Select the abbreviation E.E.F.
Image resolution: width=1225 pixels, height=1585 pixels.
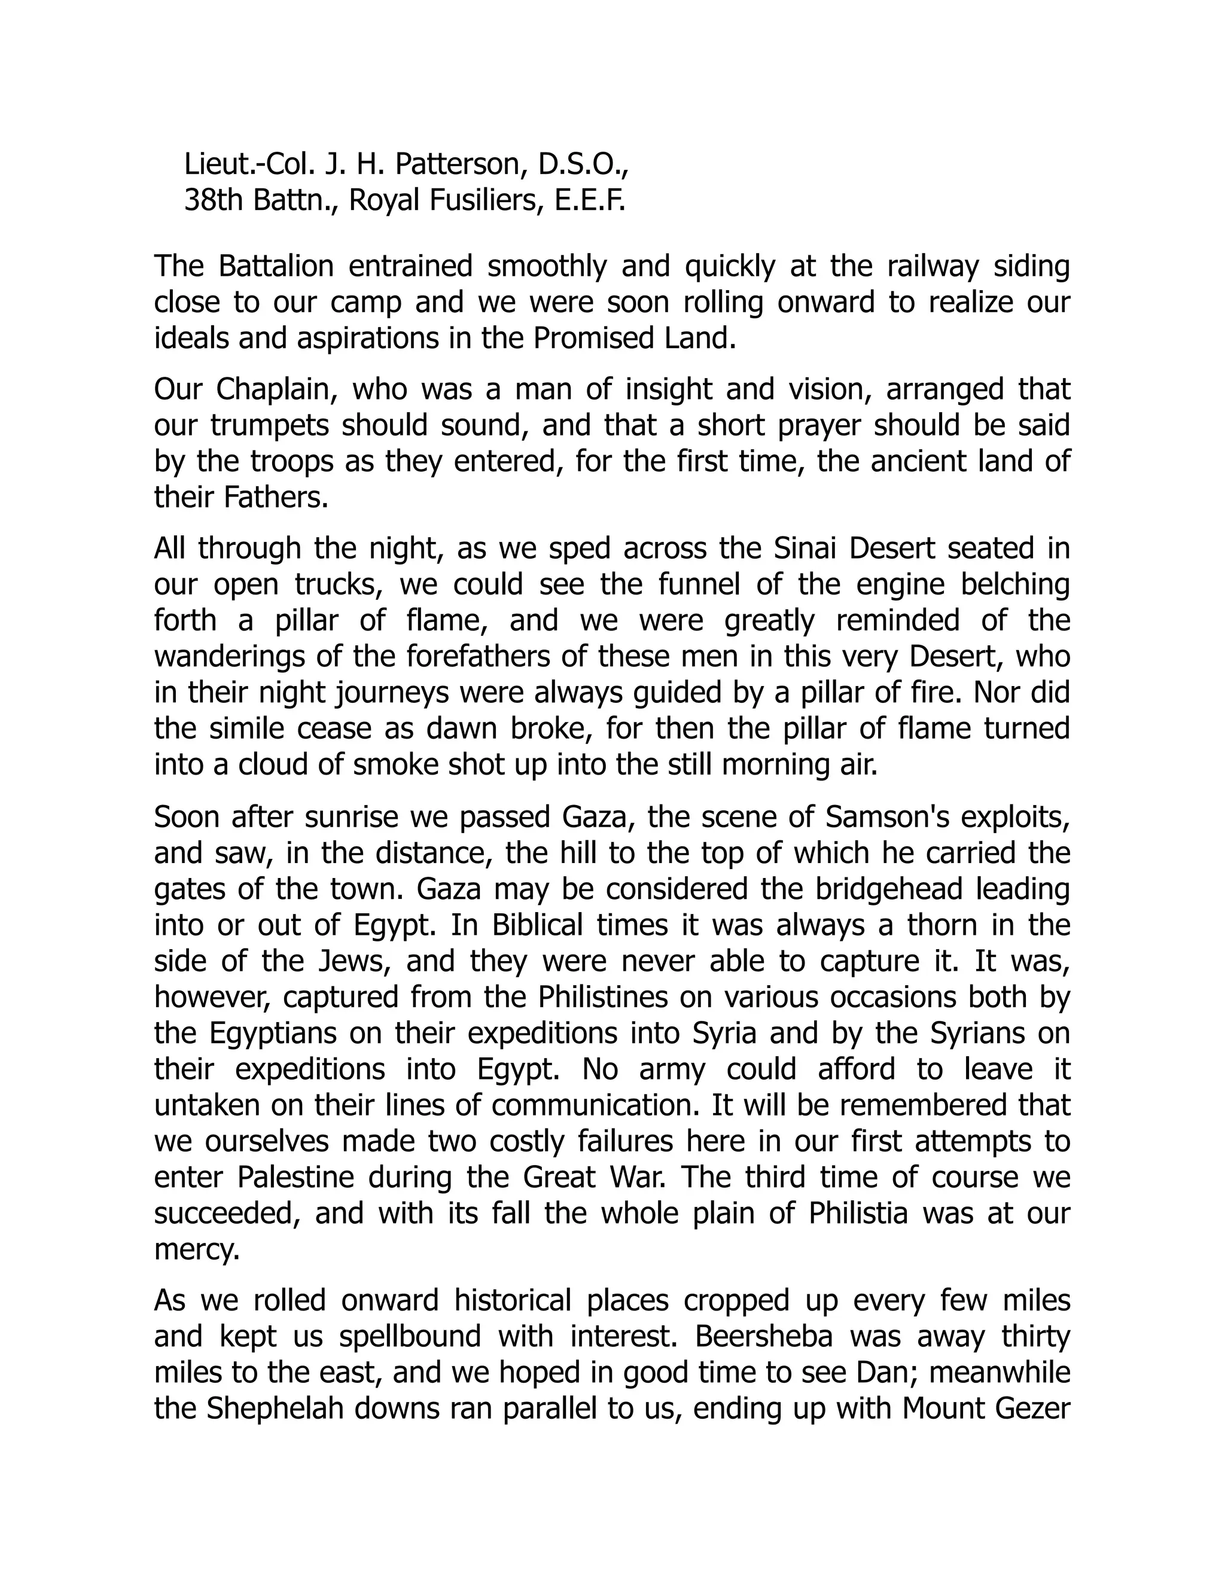click(x=590, y=200)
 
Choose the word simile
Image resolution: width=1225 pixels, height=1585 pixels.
click(x=242, y=729)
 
